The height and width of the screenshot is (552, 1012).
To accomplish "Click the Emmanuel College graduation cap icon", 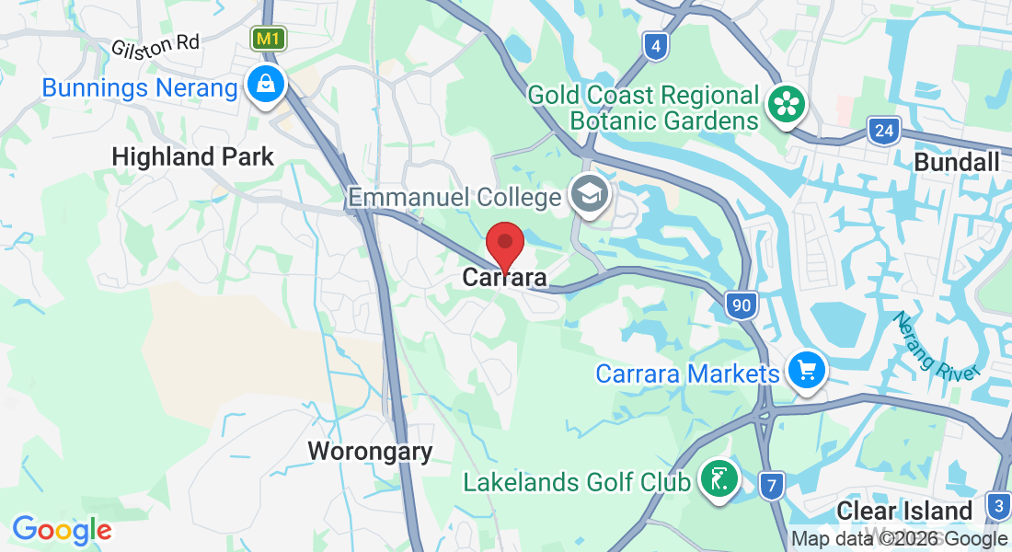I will click(586, 193).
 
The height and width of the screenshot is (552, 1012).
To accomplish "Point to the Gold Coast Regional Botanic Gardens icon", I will click(788, 104).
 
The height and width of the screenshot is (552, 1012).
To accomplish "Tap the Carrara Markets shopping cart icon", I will click(807, 371).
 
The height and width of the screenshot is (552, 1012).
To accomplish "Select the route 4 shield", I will click(655, 46).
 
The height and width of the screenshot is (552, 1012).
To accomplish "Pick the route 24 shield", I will click(883, 131).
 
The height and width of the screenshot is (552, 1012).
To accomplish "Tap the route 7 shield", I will click(772, 484).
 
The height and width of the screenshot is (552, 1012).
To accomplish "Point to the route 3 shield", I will click(998, 505).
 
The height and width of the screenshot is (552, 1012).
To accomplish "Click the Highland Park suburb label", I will click(192, 156).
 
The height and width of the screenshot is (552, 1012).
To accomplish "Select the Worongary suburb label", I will click(370, 452).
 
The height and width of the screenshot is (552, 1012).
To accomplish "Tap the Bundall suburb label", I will click(957, 163).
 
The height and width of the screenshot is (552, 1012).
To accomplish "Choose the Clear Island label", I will click(904, 512).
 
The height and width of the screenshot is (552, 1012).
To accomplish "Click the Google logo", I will click(62, 530).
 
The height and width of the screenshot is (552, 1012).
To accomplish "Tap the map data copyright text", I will click(899, 539).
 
